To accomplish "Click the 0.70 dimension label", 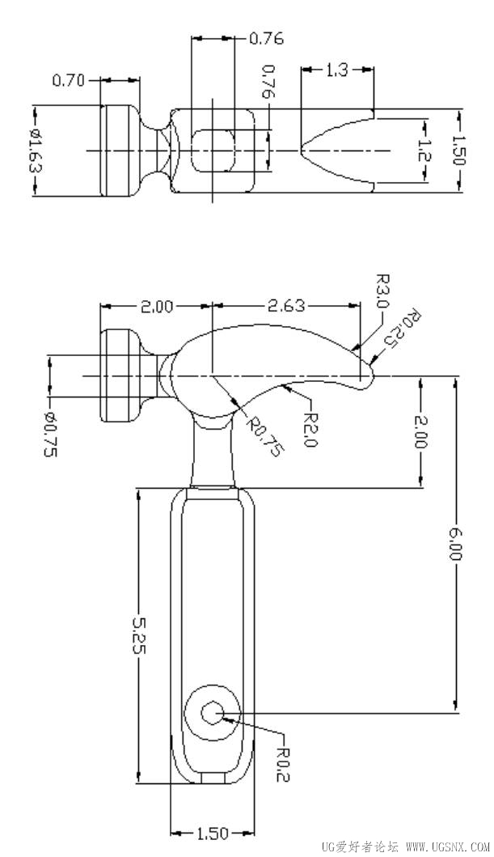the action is point(68,81).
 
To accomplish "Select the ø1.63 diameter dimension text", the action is point(36,151).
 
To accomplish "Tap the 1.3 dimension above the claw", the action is point(337,70).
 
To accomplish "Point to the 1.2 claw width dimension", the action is point(424,151).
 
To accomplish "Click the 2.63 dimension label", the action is point(286,306).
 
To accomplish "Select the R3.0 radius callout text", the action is point(382,291).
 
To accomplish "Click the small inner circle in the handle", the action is point(212,713).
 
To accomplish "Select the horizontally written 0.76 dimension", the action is point(266,39).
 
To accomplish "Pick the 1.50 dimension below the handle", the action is point(212,834).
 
